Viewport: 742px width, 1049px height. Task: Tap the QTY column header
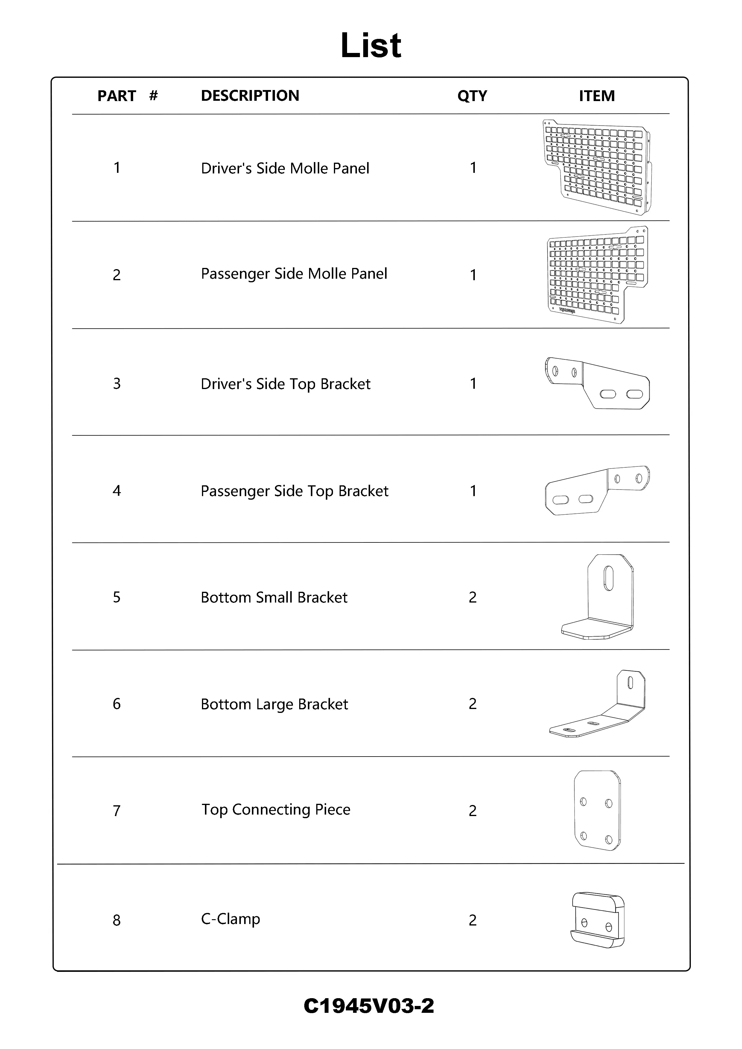(x=472, y=96)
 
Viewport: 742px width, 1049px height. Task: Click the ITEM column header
(x=596, y=96)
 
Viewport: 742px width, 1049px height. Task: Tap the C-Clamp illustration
(x=597, y=920)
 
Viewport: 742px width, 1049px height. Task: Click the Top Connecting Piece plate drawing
(x=597, y=810)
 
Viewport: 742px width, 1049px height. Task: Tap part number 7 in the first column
(x=117, y=810)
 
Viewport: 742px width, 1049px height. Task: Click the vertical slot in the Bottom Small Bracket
(x=609, y=578)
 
